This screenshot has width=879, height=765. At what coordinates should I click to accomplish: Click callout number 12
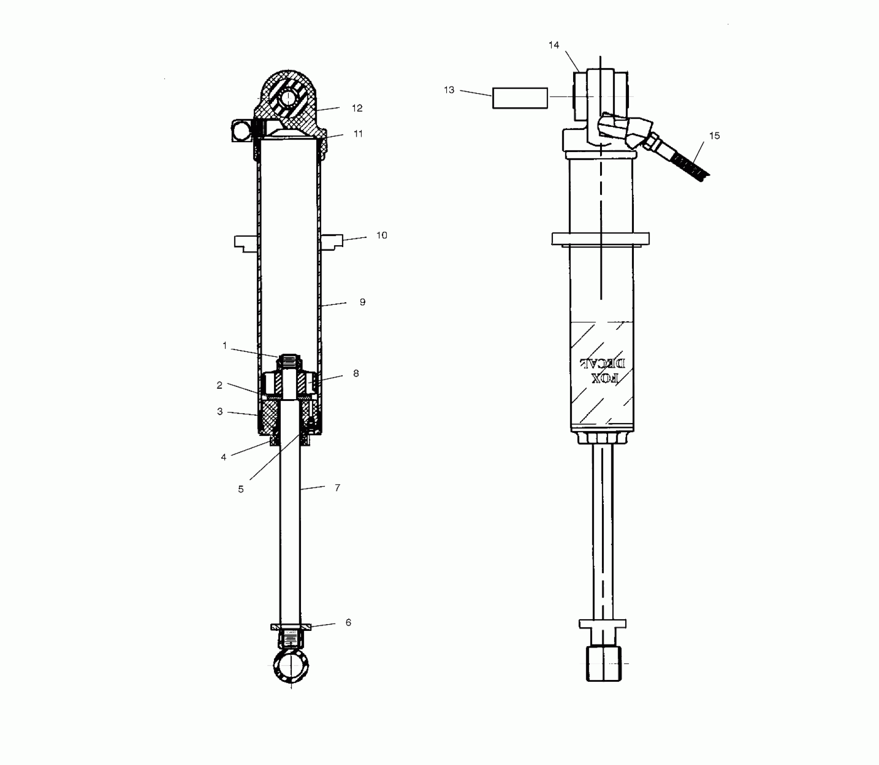[357, 108]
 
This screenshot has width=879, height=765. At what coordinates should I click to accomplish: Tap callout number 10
[381, 235]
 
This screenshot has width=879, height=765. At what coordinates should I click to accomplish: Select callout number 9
[363, 302]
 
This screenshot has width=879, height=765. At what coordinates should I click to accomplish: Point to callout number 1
[225, 346]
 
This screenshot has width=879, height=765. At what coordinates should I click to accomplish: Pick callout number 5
[241, 489]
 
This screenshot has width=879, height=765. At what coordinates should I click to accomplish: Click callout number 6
[348, 622]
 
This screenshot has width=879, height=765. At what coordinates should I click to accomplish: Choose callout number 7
[337, 487]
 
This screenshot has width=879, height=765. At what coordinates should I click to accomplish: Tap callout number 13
[449, 90]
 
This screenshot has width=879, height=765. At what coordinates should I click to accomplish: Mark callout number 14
[554, 45]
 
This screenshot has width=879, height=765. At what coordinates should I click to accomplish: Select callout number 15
[714, 135]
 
